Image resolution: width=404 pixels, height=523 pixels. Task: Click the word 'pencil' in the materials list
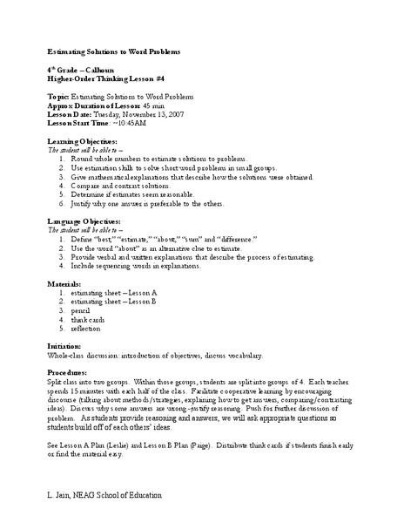(x=81, y=309)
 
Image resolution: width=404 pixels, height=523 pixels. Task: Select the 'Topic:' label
(x=58, y=96)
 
